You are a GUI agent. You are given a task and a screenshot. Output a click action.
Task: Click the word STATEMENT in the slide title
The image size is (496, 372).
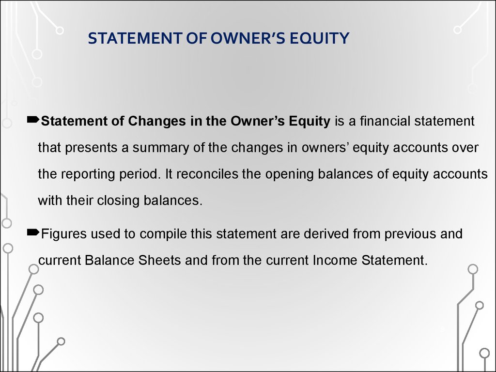click(135, 38)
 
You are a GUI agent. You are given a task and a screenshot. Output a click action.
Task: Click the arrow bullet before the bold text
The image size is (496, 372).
click(33, 120)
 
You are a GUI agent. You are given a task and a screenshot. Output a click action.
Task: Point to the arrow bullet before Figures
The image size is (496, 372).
click(33, 233)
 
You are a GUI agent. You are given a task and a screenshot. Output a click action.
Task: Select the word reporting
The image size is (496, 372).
click(88, 174)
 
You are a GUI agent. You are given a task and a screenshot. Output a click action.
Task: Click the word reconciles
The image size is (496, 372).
click(207, 174)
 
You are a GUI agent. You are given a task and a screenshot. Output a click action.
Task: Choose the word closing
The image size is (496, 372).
click(118, 201)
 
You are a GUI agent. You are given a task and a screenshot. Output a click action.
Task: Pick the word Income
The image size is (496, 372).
click(335, 261)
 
